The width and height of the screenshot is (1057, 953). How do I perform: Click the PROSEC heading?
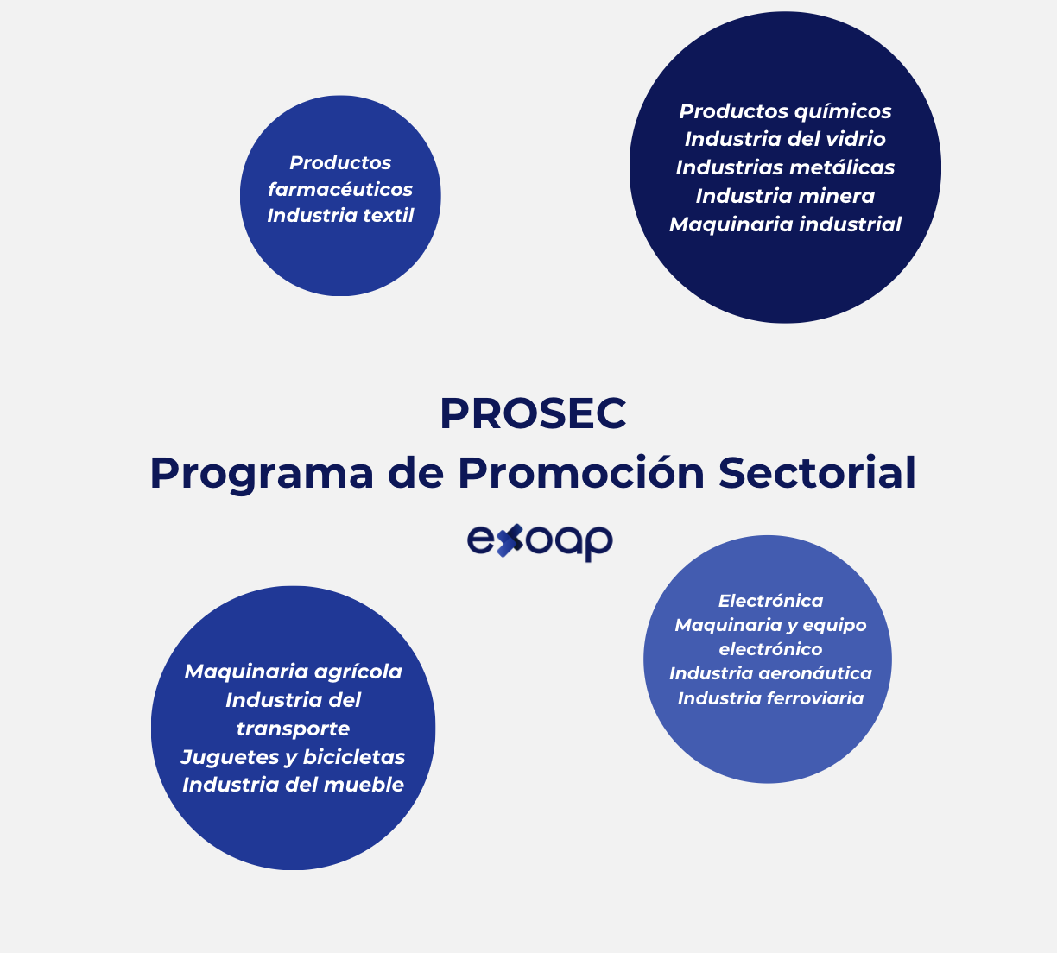[x=533, y=413]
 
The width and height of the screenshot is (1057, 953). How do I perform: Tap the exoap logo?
[x=540, y=541]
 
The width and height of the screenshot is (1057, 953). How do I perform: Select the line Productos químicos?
[x=785, y=111]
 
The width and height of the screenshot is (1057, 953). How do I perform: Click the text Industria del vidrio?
[x=785, y=139]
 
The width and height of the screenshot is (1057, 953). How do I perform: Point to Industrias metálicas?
[x=785, y=167]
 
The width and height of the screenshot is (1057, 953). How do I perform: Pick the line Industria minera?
[x=785, y=196]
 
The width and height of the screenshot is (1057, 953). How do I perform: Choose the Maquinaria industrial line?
[x=785, y=224]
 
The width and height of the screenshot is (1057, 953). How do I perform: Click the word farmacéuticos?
[x=340, y=189]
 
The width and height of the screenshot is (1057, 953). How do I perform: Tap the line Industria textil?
[x=340, y=215]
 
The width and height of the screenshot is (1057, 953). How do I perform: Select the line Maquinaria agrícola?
[x=293, y=672]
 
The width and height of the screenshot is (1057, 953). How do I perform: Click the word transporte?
[x=293, y=729]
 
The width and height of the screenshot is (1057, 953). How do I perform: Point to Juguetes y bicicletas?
[x=293, y=757]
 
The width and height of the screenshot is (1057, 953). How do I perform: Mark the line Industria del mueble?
[x=293, y=785]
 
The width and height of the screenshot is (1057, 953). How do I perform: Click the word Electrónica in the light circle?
[x=770, y=601]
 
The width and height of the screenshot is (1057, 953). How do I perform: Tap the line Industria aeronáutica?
[x=770, y=673]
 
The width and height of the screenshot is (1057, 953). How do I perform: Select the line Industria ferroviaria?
[x=770, y=698]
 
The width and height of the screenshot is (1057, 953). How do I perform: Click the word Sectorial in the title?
[x=817, y=473]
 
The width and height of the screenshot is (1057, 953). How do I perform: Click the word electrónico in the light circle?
[x=770, y=649]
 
